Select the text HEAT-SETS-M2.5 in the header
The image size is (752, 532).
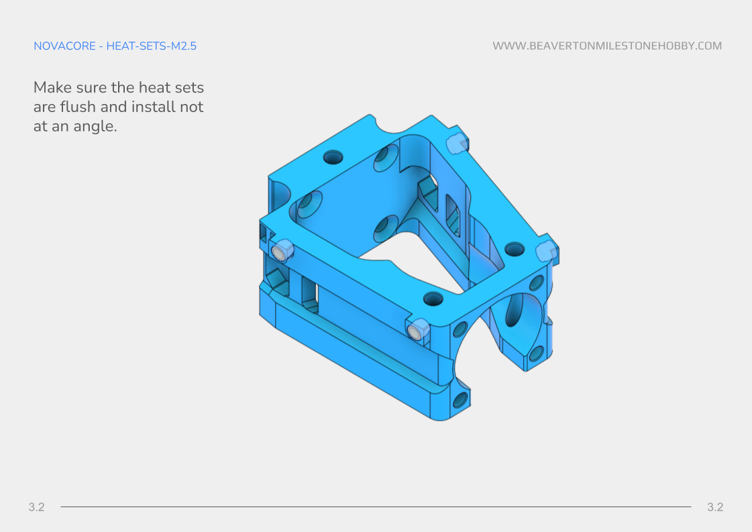point(151,46)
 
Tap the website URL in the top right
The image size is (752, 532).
point(607,46)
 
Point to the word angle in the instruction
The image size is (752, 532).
point(95,126)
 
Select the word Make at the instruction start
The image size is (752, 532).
point(51,88)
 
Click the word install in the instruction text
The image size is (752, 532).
point(153,107)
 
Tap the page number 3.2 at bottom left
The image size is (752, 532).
point(36,507)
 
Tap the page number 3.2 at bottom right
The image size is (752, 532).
point(715,507)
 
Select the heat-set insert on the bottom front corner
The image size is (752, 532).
point(417,329)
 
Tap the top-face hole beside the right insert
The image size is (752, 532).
point(515,249)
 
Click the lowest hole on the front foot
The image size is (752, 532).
point(460,401)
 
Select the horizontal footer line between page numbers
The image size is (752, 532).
point(376,507)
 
